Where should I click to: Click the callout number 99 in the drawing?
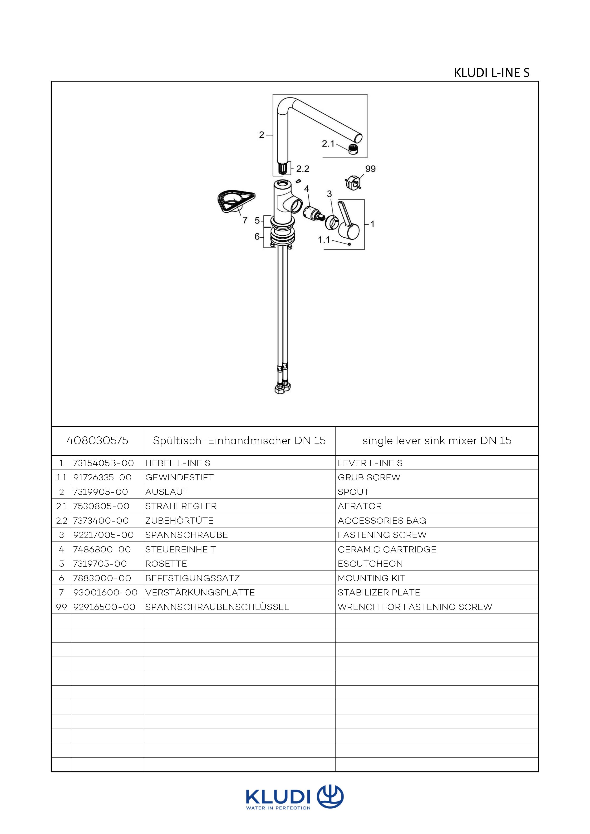click(x=370, y=169)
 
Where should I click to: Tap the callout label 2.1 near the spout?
click(x=328, y=144)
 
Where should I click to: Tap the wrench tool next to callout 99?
click(x=352, y=182)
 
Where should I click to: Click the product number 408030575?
click(x=97, y=441)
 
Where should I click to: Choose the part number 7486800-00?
click(x=101, y=549)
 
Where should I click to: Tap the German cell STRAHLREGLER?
click(x=181, y=506)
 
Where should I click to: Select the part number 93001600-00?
click(x=105, y=592)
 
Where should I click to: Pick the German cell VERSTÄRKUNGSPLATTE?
click(x=200, y=592)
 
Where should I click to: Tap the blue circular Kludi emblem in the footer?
click(x=330, y=797)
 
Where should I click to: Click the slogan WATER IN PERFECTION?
click(x=278, y=808)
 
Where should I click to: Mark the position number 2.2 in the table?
click(x=61, y=521)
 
